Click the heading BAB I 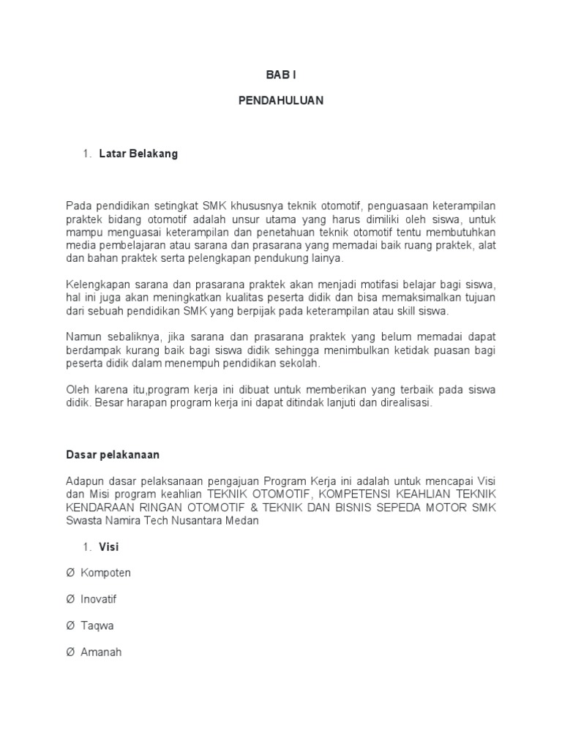point(280,75)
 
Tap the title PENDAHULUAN point(280,101)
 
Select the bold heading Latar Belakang point(138,154)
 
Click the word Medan point(242,520)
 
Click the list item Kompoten point(105,573)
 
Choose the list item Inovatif point(98,599)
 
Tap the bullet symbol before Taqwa point(70,625)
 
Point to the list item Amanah point(101,652)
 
